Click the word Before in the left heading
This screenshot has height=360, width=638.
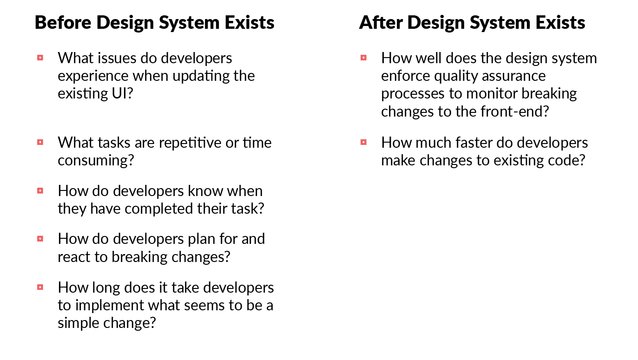coord(63,22)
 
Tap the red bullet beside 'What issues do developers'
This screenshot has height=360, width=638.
coord(40,58)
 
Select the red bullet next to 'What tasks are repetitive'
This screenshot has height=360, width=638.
coord(40,142)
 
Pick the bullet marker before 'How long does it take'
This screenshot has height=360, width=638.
coord(40,287)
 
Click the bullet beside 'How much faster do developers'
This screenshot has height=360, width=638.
coord(363,142)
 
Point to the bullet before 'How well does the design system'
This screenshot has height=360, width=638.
coord(363,58)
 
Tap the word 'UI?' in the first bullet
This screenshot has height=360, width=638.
coord(123,93)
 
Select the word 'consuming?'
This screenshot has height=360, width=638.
coord(96,160)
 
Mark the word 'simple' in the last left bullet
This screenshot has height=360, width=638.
coord(78,323)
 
